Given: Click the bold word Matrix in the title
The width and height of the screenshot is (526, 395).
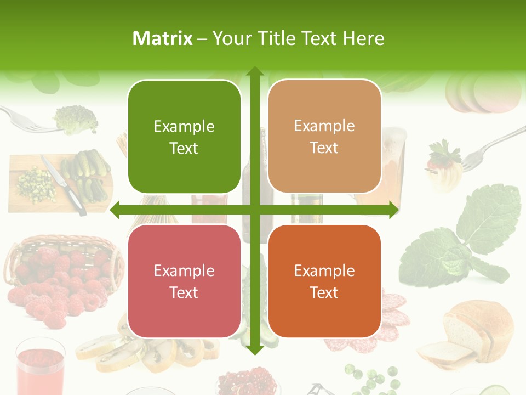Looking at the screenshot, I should pos(163,38).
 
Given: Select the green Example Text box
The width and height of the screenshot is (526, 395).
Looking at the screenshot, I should pos(184,137).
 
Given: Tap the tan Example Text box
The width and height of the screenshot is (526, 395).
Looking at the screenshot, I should pos(324,137).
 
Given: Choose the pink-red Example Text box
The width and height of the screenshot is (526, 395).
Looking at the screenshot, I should pos(184,281).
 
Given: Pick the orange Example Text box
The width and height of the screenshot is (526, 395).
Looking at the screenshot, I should pos(324,281).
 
